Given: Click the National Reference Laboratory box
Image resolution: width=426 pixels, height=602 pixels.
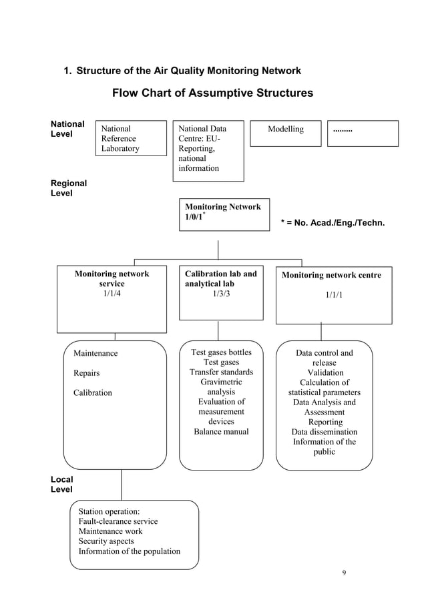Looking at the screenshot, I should [x=132, y=138].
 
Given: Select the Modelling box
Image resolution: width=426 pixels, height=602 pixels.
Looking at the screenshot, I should [x=285, y=133].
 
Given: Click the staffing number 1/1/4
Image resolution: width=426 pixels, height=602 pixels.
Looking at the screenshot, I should [x=112, y=294].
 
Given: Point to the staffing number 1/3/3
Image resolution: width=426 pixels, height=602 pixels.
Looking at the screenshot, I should [x=221, y=294].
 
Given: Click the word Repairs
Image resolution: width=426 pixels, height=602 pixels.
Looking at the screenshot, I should [x=86, y=373].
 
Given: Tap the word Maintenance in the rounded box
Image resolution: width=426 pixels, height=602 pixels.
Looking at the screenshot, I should [x=95, y=353].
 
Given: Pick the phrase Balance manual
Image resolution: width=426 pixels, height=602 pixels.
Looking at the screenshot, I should [x=221, y=432].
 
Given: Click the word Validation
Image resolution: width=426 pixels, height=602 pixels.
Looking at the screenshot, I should [x=325, y=372].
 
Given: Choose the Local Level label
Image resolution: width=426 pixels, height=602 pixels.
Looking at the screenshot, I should [x=62, y=485].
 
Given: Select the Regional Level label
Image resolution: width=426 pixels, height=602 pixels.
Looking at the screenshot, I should [x=69, y=188].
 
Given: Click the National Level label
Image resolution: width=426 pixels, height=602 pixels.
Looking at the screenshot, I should [x=67, y=129].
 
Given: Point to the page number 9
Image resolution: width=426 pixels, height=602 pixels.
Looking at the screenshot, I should [x=343, y=573].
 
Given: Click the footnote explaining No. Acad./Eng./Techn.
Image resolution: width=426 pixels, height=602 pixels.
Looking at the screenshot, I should [x=335, y=222].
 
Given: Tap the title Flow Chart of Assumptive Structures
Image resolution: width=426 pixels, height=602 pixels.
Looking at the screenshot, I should [x=212, y=93].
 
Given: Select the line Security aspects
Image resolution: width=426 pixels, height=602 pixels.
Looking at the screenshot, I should [x=106, y=541].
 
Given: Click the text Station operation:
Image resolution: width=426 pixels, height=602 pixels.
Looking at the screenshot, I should [x=109, y=511].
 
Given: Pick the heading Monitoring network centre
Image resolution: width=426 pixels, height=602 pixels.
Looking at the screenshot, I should [x=331, y=275].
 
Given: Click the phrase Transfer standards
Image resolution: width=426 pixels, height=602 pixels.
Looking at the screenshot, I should [x=221, y=372].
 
